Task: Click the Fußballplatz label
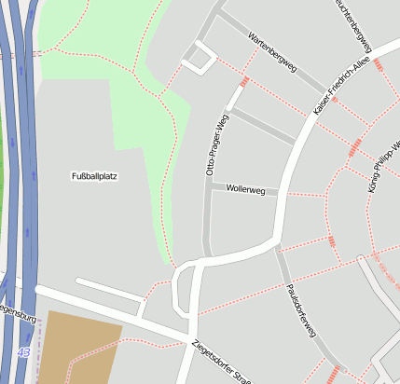(x=95, y=175)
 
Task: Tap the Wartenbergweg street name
(x=272, y=53)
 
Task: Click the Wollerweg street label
(x=245, y=190)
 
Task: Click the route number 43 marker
(x=21, y=351)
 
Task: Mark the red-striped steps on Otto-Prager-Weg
(x=244, y=82)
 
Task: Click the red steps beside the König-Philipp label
(x=355, y=147)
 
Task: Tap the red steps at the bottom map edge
(x=333, y=375)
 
